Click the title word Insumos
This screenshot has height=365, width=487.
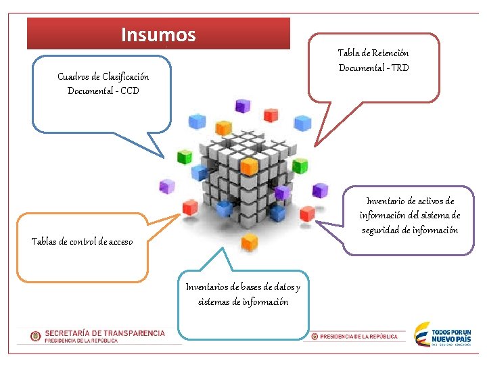click(x=158, y=34)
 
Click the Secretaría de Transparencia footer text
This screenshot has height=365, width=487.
click(x=105, y=333)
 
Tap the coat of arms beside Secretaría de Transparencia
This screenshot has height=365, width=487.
click(x=36, y=336)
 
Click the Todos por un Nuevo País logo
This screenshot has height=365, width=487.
click(x=443, y=335)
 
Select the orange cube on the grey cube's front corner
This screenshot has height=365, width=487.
click(x=250, y=166)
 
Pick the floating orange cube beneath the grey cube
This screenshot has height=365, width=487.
click(x=250, y=241)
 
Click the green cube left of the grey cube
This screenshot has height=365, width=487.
click(x=184, y=157)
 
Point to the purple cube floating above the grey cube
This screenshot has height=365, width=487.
click(x=241, y=105)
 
